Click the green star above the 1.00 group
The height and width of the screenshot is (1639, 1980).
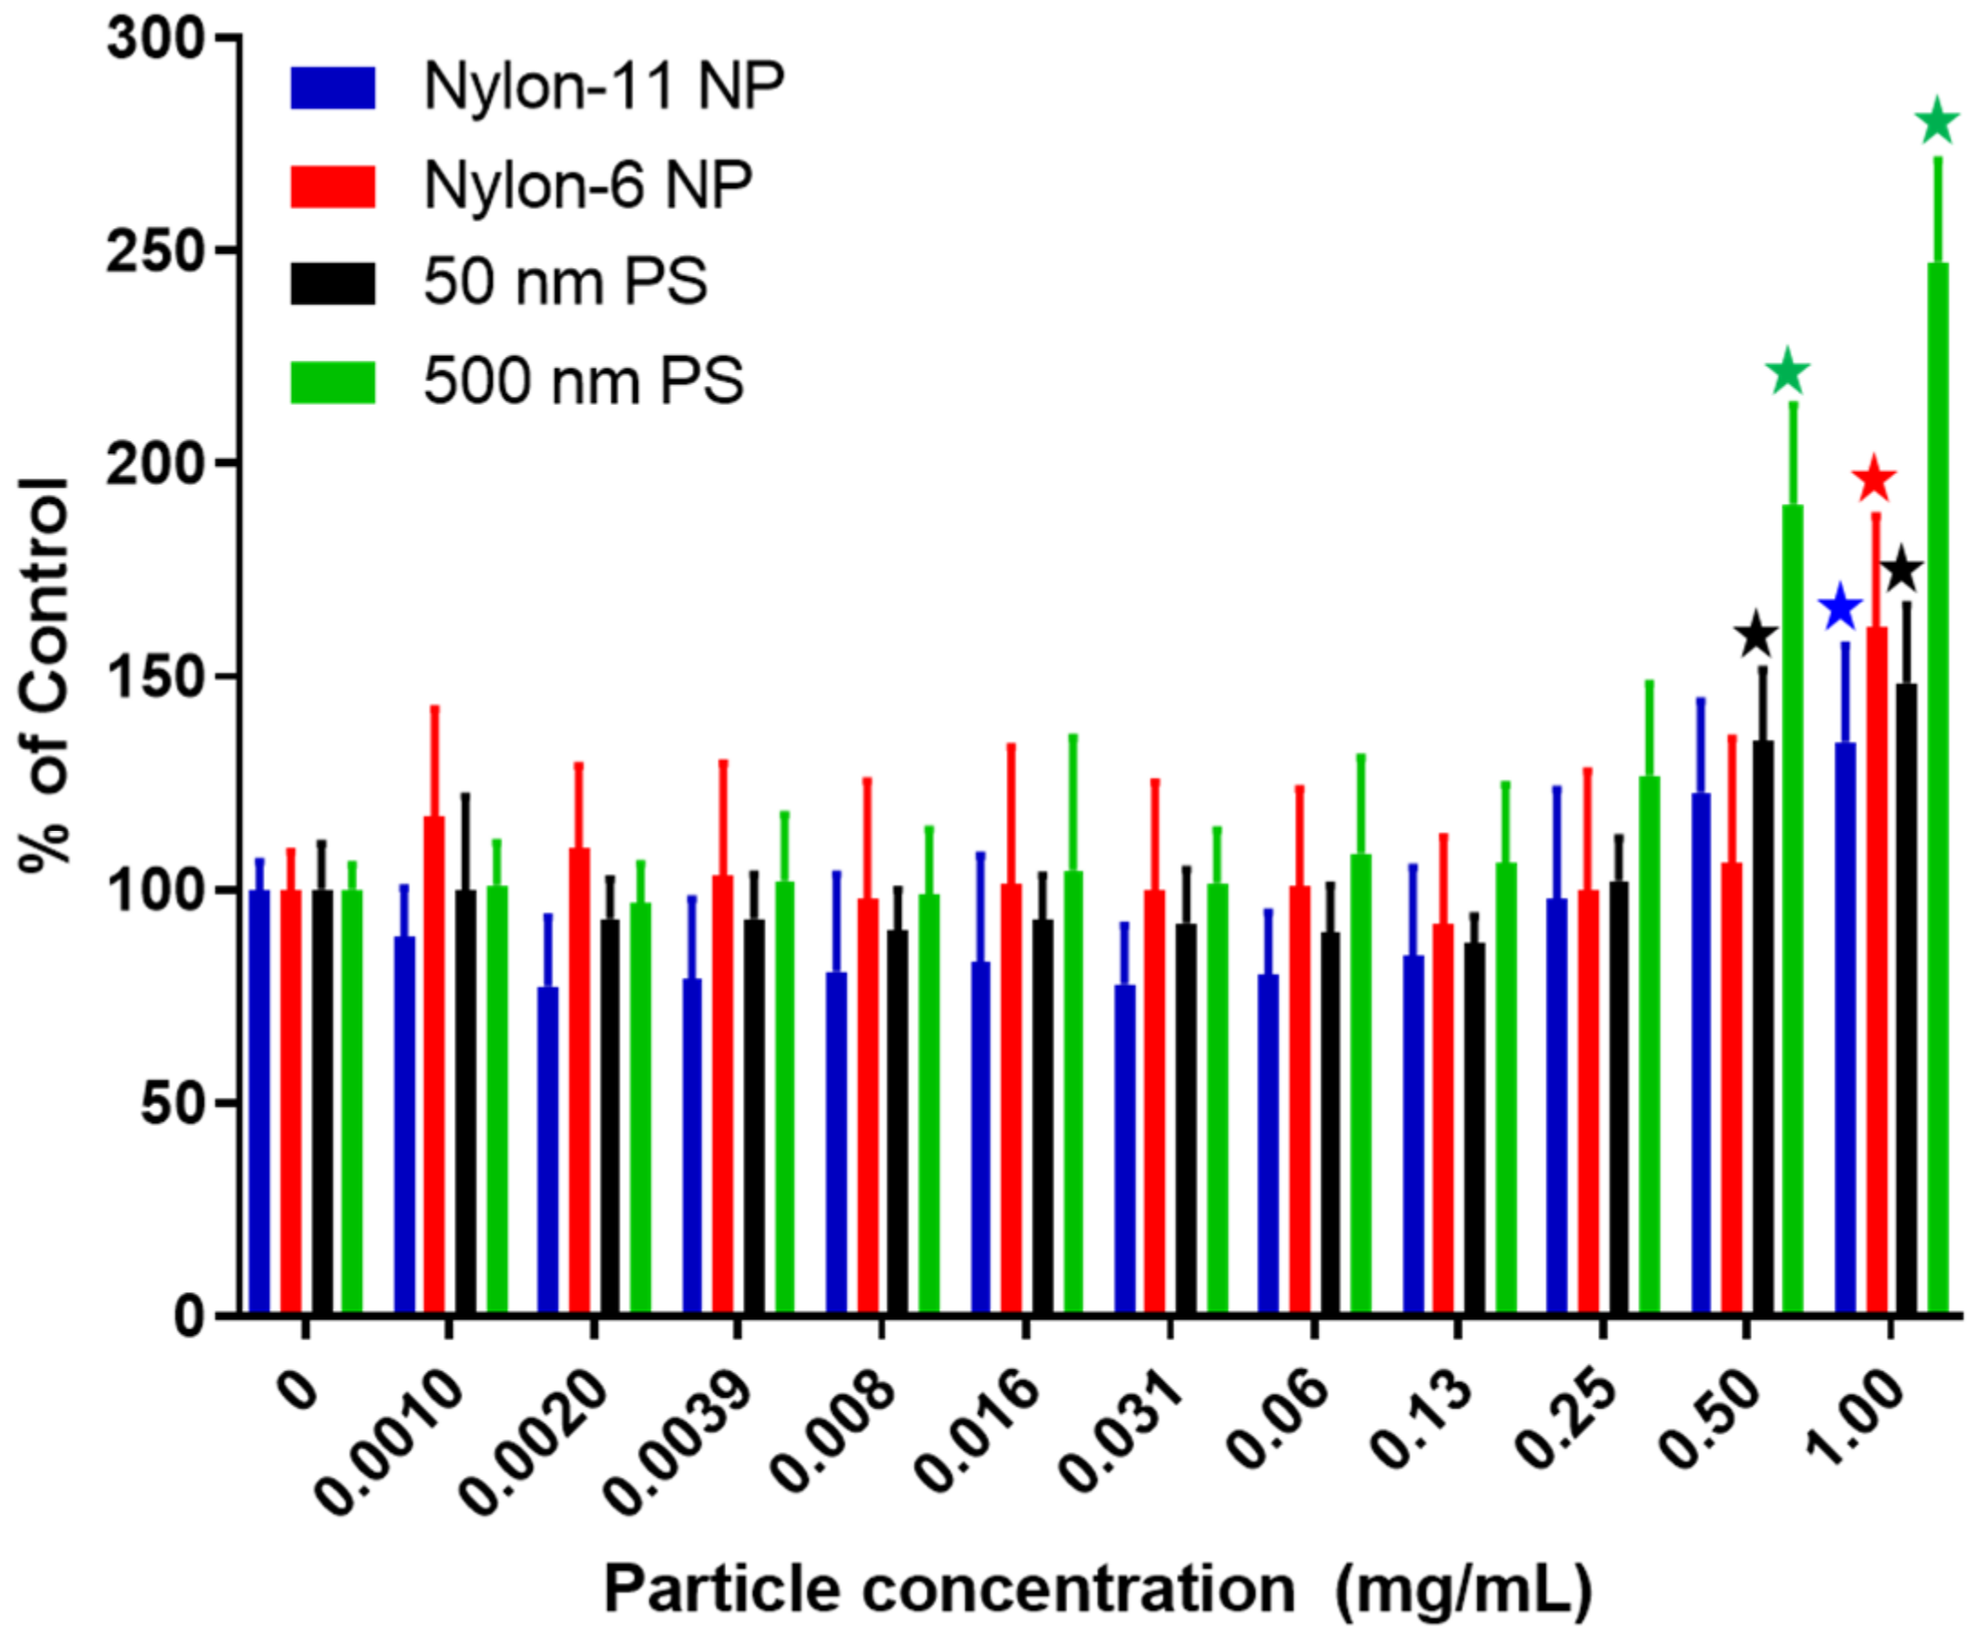pos(1937,123)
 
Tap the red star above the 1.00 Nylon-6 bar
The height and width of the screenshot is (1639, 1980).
pos(1874,480)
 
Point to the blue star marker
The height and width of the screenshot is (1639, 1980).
pos(1840,609)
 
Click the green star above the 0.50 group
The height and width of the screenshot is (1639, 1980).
pos(1788,372)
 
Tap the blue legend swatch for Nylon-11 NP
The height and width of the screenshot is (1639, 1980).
pos(332,88)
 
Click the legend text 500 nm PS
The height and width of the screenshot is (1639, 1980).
pos(584,382)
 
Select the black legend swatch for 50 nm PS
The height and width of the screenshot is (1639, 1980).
pos(332,283)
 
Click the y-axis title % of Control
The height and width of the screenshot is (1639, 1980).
pos(44,676)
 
